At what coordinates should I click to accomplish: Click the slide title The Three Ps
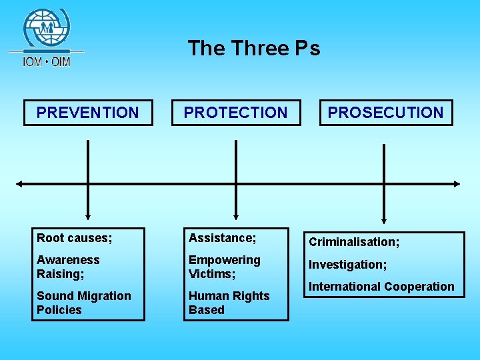pyautogui.click(x=253, y=48)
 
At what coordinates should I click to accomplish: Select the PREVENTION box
pyautogui.click(x=88, y=113)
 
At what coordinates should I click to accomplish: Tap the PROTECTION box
pyautogui.click(x=236, y=113)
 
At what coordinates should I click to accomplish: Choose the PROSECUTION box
pyautogui.click(x=385, y=113)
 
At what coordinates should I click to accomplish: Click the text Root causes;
pyautogui.click(x=74, y=238)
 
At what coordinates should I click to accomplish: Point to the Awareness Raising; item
pyautogui.click(x=68, y=267)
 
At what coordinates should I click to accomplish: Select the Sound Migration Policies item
pyautogui.click(x=83, y=303)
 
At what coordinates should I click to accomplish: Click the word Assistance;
pyautogui.click(x=223, y=238)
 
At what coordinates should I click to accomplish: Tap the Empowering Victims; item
pyautogui.click(x=225, y=267)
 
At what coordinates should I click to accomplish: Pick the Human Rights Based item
pyautogui.click(x=229, y=303)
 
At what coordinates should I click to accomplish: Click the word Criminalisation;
pyautogui.click(x=354, y=242)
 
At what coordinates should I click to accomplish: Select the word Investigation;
pyautogui.click(x=347, y=265)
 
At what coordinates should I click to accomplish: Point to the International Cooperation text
pyautogui.click(x=381, y=287)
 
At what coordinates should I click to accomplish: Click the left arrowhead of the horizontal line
pyautogui.click(x=19, y=183)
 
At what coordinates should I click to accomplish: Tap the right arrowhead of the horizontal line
pyautogui.click(x=457, y=183)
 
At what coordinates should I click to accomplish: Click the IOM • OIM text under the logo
pyautogui.click(x=47, y=61)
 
